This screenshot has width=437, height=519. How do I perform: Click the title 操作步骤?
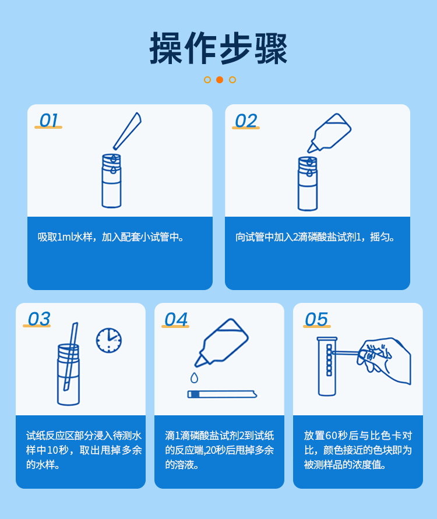(218, 48)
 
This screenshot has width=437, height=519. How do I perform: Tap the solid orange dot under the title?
(220, 80)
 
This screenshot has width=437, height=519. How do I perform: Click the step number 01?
(48, 121)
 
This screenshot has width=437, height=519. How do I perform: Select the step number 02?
(245, 121)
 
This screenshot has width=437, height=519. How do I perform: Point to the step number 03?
(38, 319)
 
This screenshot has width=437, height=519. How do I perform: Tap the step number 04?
(175, 320)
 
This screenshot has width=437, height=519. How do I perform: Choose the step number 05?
(316, 320)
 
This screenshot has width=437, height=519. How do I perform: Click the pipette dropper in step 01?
(128, 130)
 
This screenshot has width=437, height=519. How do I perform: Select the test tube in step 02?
(308, 183)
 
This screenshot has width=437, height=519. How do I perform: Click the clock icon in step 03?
(109, 340)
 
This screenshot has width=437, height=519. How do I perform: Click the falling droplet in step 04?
(194, 378)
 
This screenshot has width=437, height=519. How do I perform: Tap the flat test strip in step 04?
(221, 394)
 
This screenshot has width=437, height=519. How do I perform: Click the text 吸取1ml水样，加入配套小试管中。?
(111, 237)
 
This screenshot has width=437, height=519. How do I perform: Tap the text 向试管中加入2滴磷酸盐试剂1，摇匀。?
(315, 237)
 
